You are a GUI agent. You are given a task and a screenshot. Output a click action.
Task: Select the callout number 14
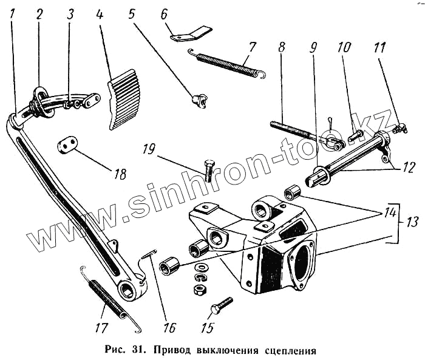click(388, 213)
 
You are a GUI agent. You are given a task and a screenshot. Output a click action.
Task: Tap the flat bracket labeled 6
click(191, 33)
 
